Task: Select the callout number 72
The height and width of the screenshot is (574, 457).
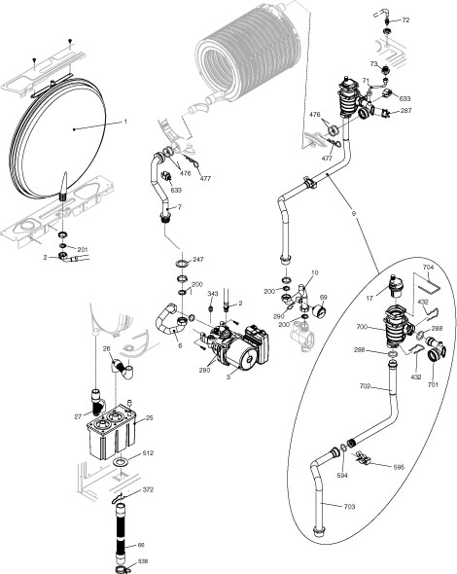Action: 405,19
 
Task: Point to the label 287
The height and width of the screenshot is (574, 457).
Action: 405,111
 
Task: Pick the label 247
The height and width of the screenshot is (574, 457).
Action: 197,261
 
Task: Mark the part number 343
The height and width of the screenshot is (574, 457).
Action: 213,293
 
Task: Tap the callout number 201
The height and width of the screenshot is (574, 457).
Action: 84,250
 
